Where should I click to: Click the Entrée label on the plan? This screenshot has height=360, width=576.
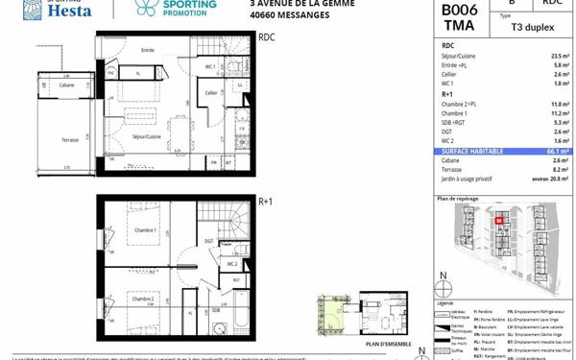(x=148, y=50)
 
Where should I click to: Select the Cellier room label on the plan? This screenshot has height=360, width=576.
(x=211, y=93)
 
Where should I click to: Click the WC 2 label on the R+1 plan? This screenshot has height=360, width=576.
(x=231, y=263)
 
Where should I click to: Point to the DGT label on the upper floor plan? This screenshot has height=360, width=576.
(x=208, y=241)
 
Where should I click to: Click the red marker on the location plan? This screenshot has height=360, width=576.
(x=498, y=221)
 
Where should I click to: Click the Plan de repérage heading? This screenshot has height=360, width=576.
(x=458, y=199)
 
